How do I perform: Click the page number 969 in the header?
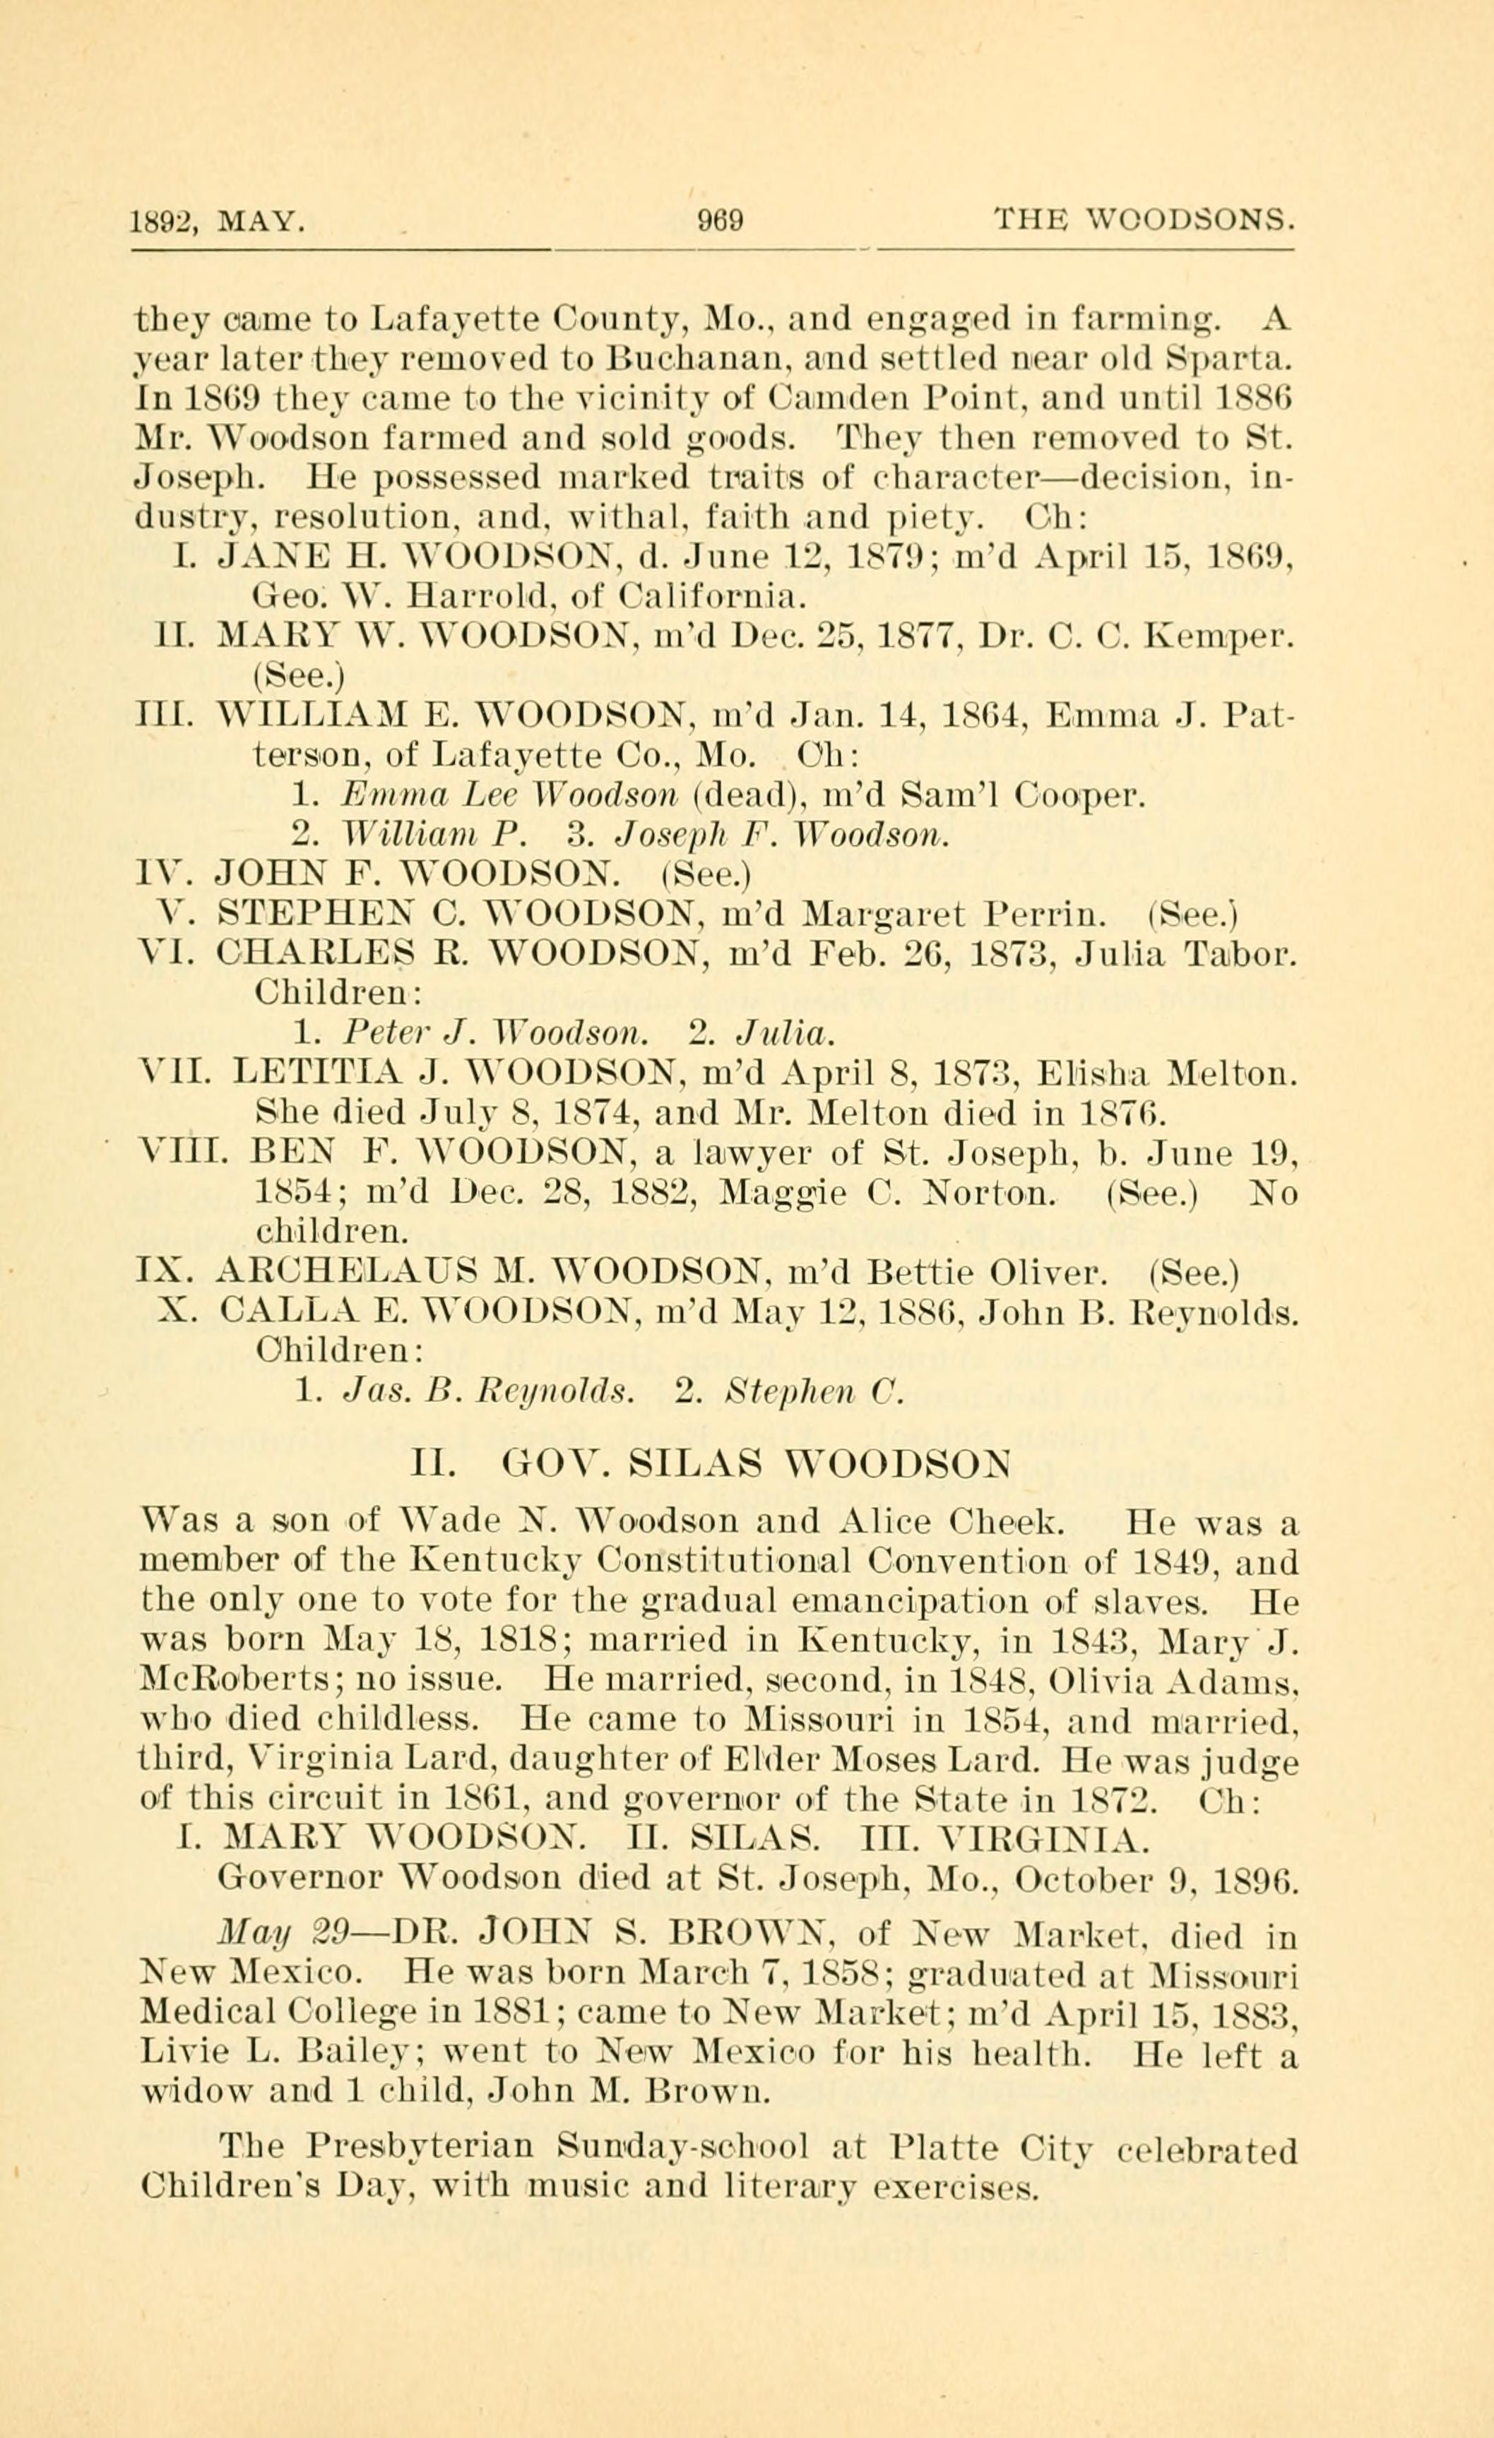tap(721, 218)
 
